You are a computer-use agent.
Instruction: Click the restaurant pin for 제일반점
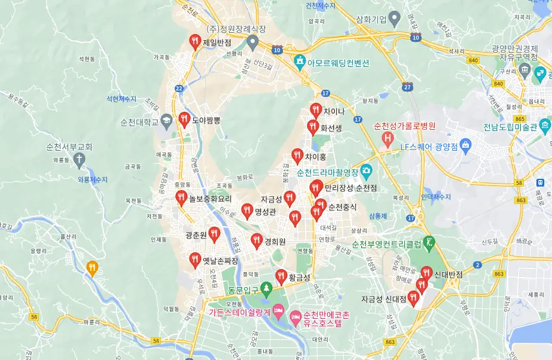click(x=194, y=41)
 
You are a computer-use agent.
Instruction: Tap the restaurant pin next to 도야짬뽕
click(x=184, y=119)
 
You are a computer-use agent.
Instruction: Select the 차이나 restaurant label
click(x=334, y=111)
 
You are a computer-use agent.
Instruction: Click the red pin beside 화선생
click(x=313, y=126)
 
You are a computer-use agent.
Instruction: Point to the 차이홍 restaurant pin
click(x=297, y=155)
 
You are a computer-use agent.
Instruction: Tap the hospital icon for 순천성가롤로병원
click(x=388, y=140)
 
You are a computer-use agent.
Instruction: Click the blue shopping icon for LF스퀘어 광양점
click(x=466, y=145)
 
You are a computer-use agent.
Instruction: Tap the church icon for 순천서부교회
click(x=78, y=158)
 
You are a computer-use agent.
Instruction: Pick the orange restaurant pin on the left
click(x=92, y=268)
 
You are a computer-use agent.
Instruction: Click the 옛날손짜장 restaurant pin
click(x=194, y=260)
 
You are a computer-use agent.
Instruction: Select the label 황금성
click(x=299, y=277)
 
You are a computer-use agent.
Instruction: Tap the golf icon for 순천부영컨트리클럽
click(x=429, y=243)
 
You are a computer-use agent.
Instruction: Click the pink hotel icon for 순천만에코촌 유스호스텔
click(x=295, y=315)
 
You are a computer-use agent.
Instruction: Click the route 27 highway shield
click(x=408, y=87)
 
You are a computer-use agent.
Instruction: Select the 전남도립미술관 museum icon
click(x=544, y=127)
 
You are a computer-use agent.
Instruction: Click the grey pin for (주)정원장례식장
click(x=252, y=42)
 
